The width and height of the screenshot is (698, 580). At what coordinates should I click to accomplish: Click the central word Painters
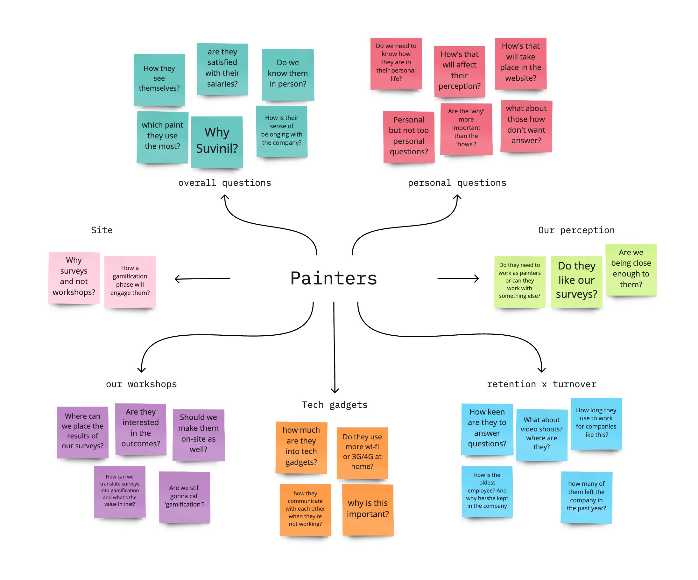tap(333, 278)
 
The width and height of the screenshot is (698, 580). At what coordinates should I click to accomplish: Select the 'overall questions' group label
tap(224, 183)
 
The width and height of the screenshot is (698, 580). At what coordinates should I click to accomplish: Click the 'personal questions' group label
tap(457, 183)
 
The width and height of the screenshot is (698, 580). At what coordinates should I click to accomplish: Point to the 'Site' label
tap(102, 230)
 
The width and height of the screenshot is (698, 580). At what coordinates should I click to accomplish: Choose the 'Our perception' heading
tap(576, 230)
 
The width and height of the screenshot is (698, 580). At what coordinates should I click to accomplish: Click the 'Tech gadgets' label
tap(335, 405)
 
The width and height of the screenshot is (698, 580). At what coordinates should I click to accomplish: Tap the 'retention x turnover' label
tap(541, 384)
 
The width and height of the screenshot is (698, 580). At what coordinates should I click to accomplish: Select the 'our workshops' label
tap(141, 384)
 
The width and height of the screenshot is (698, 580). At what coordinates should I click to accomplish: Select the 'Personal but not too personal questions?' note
tap(408, 136)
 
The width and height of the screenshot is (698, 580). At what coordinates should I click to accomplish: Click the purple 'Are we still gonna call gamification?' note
tap(185, 497)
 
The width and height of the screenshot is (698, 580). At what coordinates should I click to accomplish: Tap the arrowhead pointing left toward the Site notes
tap(176, 279)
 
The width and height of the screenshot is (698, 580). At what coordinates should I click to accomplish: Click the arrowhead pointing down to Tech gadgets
tap(335, 391)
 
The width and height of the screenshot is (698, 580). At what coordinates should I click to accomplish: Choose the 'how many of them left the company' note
tap(586, 497)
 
